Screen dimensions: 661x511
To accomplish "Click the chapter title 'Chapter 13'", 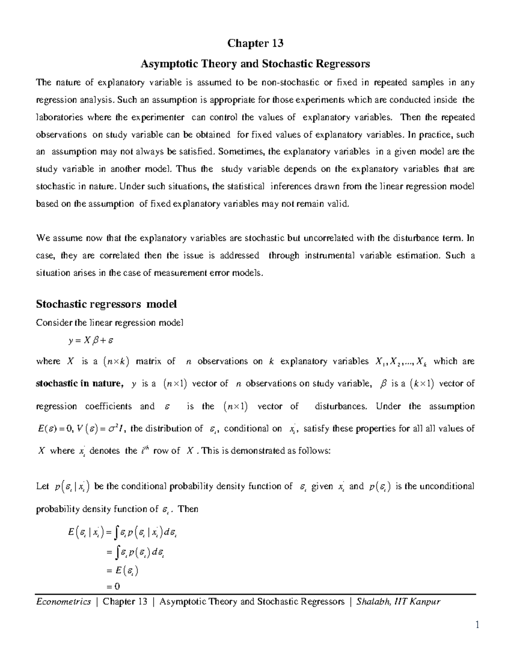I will [x=255, y=43].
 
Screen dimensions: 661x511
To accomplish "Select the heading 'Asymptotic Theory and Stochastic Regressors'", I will [x=255, y=64].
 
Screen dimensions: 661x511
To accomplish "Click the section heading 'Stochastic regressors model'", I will [x=106, y=304].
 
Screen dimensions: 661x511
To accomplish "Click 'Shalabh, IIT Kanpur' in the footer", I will [x=399, y=601].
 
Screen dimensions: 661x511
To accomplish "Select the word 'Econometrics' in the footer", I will [x=63, y=601].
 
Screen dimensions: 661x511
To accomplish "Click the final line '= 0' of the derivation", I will [x=112, y=586].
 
